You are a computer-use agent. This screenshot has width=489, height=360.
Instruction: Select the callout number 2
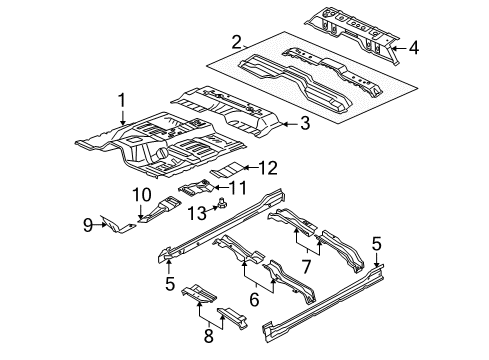pyautogui.click(x=236, y=42)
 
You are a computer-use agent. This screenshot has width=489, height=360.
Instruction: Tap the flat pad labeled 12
pyautogui.click(x=230, y=168)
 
